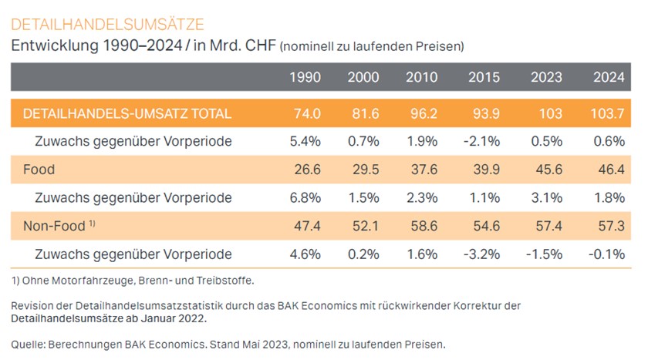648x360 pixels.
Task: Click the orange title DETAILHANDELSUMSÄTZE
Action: (107, 25)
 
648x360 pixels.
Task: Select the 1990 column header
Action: (305, 77)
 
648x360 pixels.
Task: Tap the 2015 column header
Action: (484, 77)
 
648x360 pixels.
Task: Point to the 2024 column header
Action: (609, 77)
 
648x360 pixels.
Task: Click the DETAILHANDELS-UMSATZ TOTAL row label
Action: (127, 113)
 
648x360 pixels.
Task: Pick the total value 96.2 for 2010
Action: (424, 113)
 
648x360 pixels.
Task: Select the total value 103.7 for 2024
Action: (607, 113)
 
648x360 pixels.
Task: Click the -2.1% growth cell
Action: (481, 141)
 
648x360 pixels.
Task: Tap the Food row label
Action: (39, 170)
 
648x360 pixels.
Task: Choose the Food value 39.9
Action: (487, 170)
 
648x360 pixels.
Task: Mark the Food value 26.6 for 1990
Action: (308, 170)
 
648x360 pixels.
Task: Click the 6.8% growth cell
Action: (305, 198)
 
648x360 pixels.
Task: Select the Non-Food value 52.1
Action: (366, 226)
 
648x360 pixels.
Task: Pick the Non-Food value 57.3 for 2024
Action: (611, 226)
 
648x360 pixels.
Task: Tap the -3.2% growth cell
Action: (481, 254)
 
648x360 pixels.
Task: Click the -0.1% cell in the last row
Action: (606, 254)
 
